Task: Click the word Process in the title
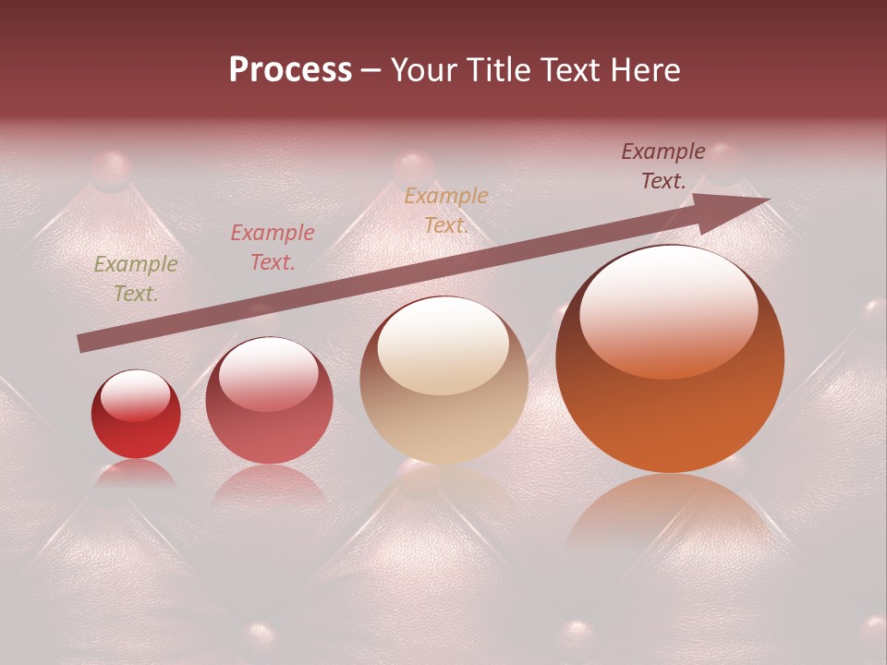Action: (290, 70)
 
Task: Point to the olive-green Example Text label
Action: (136, 279)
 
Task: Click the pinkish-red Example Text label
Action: (273, 248)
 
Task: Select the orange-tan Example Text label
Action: (446, 211)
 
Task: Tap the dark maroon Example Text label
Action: (663, 166)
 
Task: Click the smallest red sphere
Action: (136, 416)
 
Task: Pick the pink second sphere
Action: (269, 401)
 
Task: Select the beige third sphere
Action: (443, 381)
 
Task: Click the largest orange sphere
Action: (670, 360)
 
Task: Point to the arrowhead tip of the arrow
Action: (767, 199)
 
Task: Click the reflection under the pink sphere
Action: (269, 484)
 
